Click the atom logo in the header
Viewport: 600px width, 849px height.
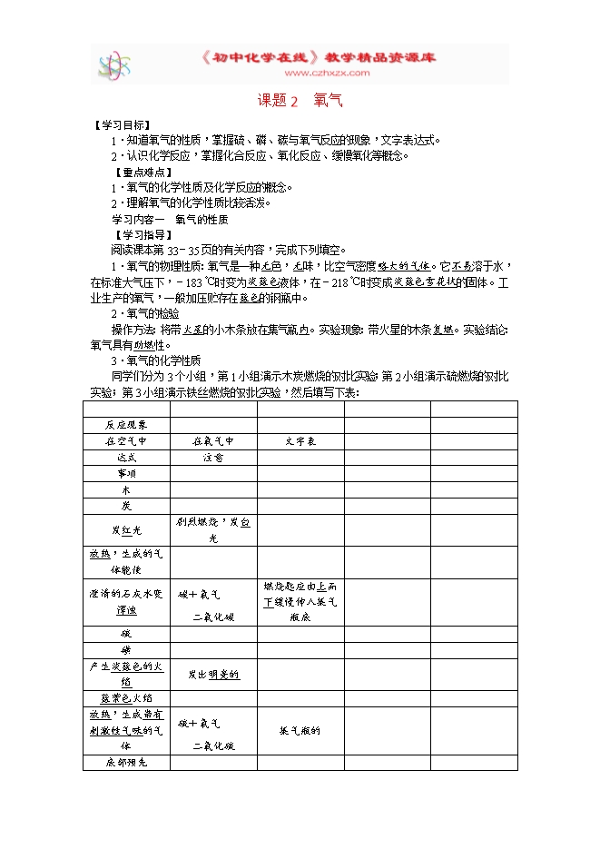(114, 65)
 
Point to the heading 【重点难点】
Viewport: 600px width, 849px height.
(139, 173)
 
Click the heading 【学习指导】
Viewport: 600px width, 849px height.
(139, 234)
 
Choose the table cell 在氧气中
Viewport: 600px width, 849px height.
(213, 441)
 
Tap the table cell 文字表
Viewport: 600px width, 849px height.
(300, 441)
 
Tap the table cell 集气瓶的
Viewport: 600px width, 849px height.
(300, 730)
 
